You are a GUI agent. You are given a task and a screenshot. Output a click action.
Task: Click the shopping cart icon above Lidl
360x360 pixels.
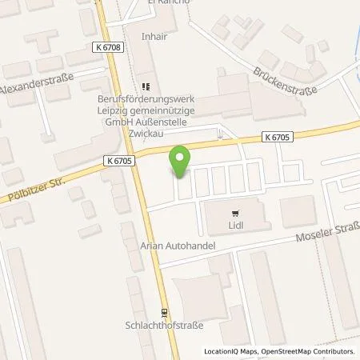[234, 213]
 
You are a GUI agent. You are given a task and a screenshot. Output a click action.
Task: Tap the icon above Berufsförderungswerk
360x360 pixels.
[146, 86]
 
